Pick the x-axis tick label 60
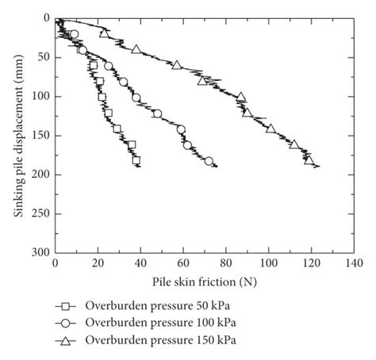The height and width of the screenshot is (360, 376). (x=183, y=262)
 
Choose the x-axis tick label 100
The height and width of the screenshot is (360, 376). (x=268, y=262)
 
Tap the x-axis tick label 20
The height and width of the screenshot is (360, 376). (x=98, y=262)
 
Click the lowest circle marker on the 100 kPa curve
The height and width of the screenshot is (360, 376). (x=209, y=161)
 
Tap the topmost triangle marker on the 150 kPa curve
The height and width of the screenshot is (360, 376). (x=105, y=33)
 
